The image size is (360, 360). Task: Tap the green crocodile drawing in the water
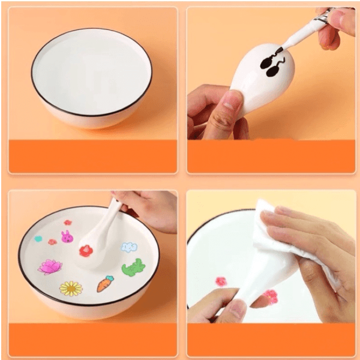tap(133, 267)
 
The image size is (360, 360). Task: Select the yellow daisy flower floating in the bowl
tap(71, 289)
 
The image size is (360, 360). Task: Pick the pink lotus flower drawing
tap(50, 266)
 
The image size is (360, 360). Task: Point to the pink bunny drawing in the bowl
tap(67, 237)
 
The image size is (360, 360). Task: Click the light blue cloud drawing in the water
tap(130, 247)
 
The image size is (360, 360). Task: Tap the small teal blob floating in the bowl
tap(38, 239)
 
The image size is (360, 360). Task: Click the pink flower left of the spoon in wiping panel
tap(221, 281)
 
